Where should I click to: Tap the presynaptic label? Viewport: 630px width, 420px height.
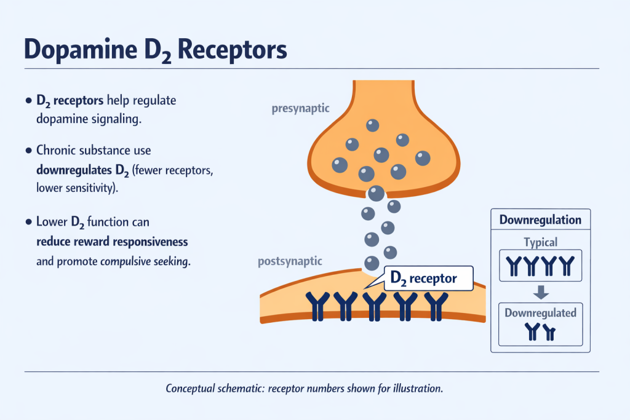300,109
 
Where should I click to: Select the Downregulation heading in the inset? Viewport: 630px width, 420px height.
540,220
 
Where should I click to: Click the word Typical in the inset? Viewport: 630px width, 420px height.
540,242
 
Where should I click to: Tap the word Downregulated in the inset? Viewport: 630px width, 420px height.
540,312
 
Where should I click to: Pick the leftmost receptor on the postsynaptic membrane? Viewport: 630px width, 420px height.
317,306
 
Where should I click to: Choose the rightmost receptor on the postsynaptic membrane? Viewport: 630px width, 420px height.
437,306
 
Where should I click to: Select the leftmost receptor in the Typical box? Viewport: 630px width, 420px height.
512,265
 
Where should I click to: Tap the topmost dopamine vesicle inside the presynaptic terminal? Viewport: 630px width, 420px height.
373,125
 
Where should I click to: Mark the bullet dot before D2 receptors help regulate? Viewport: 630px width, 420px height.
29,100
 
